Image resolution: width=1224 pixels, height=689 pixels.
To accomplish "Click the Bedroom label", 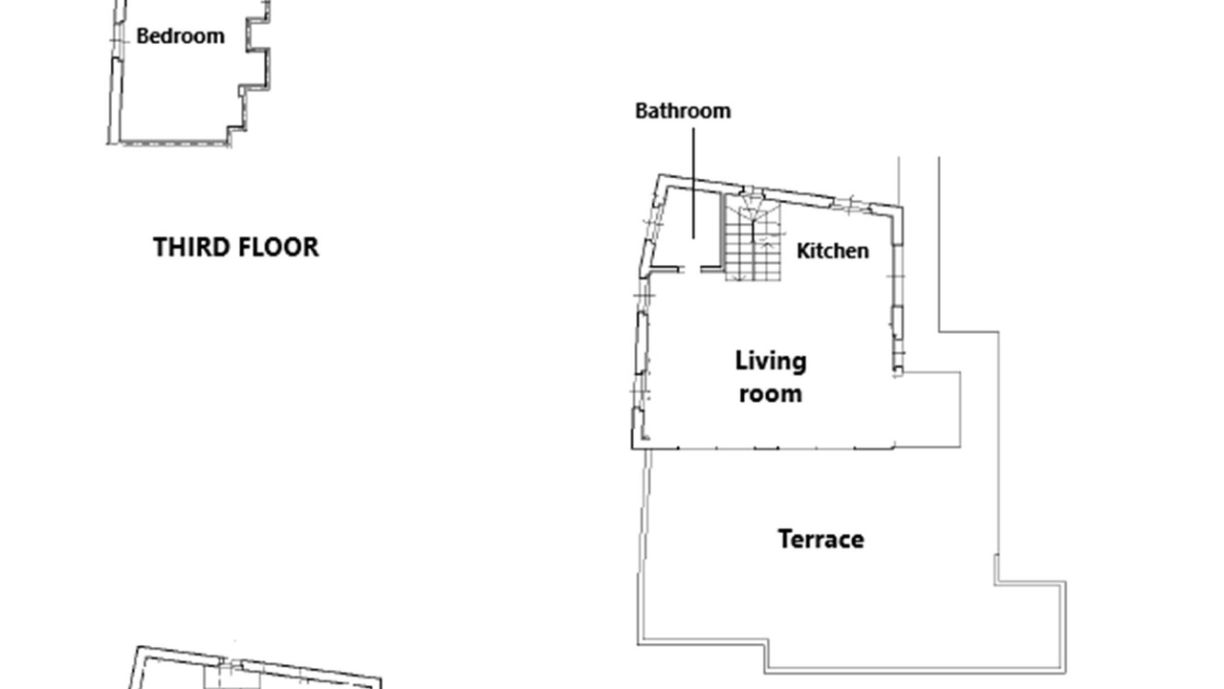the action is click(181, 36).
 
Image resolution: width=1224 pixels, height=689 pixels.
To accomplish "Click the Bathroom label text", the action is click(683, 111).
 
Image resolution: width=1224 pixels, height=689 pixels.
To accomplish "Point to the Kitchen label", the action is click(833, 251).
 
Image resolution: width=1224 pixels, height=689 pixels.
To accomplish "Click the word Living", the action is click(771, 362).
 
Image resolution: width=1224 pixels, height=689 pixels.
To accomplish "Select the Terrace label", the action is click(820, 539).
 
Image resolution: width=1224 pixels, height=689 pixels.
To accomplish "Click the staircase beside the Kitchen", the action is click(753, 238).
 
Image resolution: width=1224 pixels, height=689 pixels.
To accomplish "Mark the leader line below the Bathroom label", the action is click(694, 183).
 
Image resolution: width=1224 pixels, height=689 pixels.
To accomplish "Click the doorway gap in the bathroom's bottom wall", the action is click(691, 269).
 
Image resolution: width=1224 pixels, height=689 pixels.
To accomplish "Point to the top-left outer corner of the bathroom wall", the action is click(659, 175).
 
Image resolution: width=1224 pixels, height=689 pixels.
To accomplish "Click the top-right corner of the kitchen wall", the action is click(901, 208).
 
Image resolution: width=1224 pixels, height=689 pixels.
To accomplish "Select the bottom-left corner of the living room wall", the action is click(633, 449).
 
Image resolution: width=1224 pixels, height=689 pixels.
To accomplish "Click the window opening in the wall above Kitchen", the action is click(851, 204).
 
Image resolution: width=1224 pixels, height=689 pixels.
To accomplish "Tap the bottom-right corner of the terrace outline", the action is click(1065, 672).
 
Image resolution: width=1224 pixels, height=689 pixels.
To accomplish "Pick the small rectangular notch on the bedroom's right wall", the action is click(257, 36).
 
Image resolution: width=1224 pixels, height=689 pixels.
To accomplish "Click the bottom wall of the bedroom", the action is click(173, 144).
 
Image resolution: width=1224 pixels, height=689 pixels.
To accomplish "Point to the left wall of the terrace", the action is click(644, 546).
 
